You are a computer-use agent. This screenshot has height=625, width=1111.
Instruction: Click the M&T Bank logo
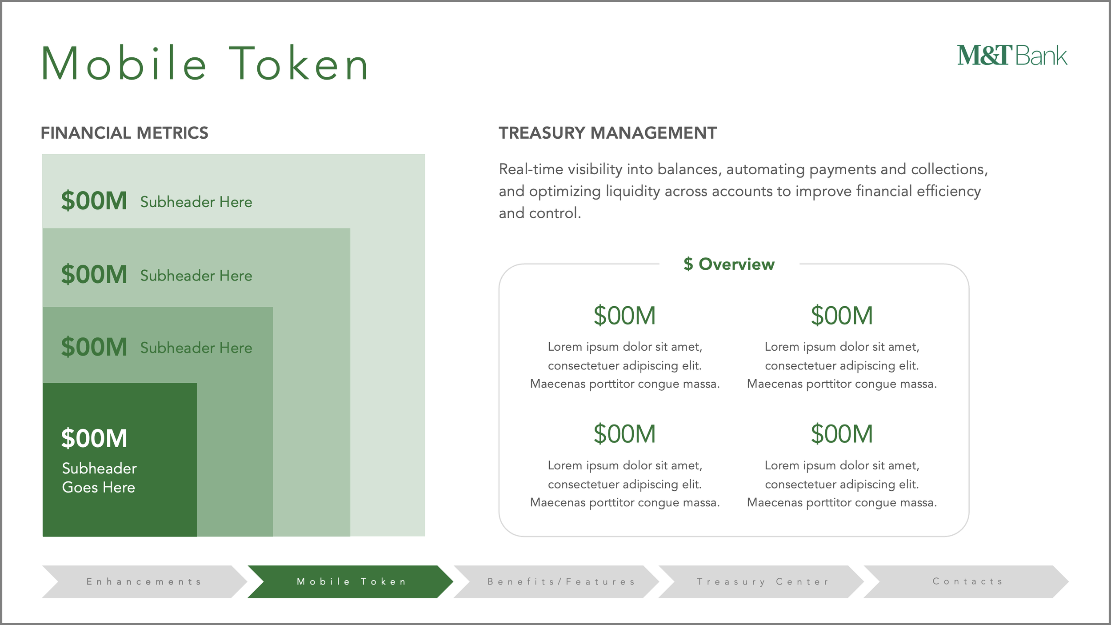pos(1012,56)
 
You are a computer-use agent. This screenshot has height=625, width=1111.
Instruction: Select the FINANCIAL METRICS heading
pos(124,133)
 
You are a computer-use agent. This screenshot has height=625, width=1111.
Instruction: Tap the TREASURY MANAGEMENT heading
pos(607,133)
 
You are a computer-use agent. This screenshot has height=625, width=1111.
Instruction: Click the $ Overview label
pos(729,264)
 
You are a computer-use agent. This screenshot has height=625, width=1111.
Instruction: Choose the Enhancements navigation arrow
pos(144,581)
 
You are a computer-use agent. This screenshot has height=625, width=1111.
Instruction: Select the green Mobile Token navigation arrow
pos(351,581)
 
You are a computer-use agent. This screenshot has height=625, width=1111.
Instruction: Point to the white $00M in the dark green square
pos(94,438)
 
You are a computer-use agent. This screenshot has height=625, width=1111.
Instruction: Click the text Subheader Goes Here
pos(99,478)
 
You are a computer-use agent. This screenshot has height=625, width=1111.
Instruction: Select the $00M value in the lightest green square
pos(94,200)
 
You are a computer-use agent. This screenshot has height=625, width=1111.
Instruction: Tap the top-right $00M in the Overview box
pos(842,316)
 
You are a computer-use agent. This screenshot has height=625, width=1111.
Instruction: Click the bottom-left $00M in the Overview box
pos(624,434)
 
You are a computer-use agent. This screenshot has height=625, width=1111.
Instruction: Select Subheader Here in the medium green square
pos(196,348)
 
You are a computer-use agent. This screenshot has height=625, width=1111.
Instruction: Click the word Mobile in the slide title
pos(124,64)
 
